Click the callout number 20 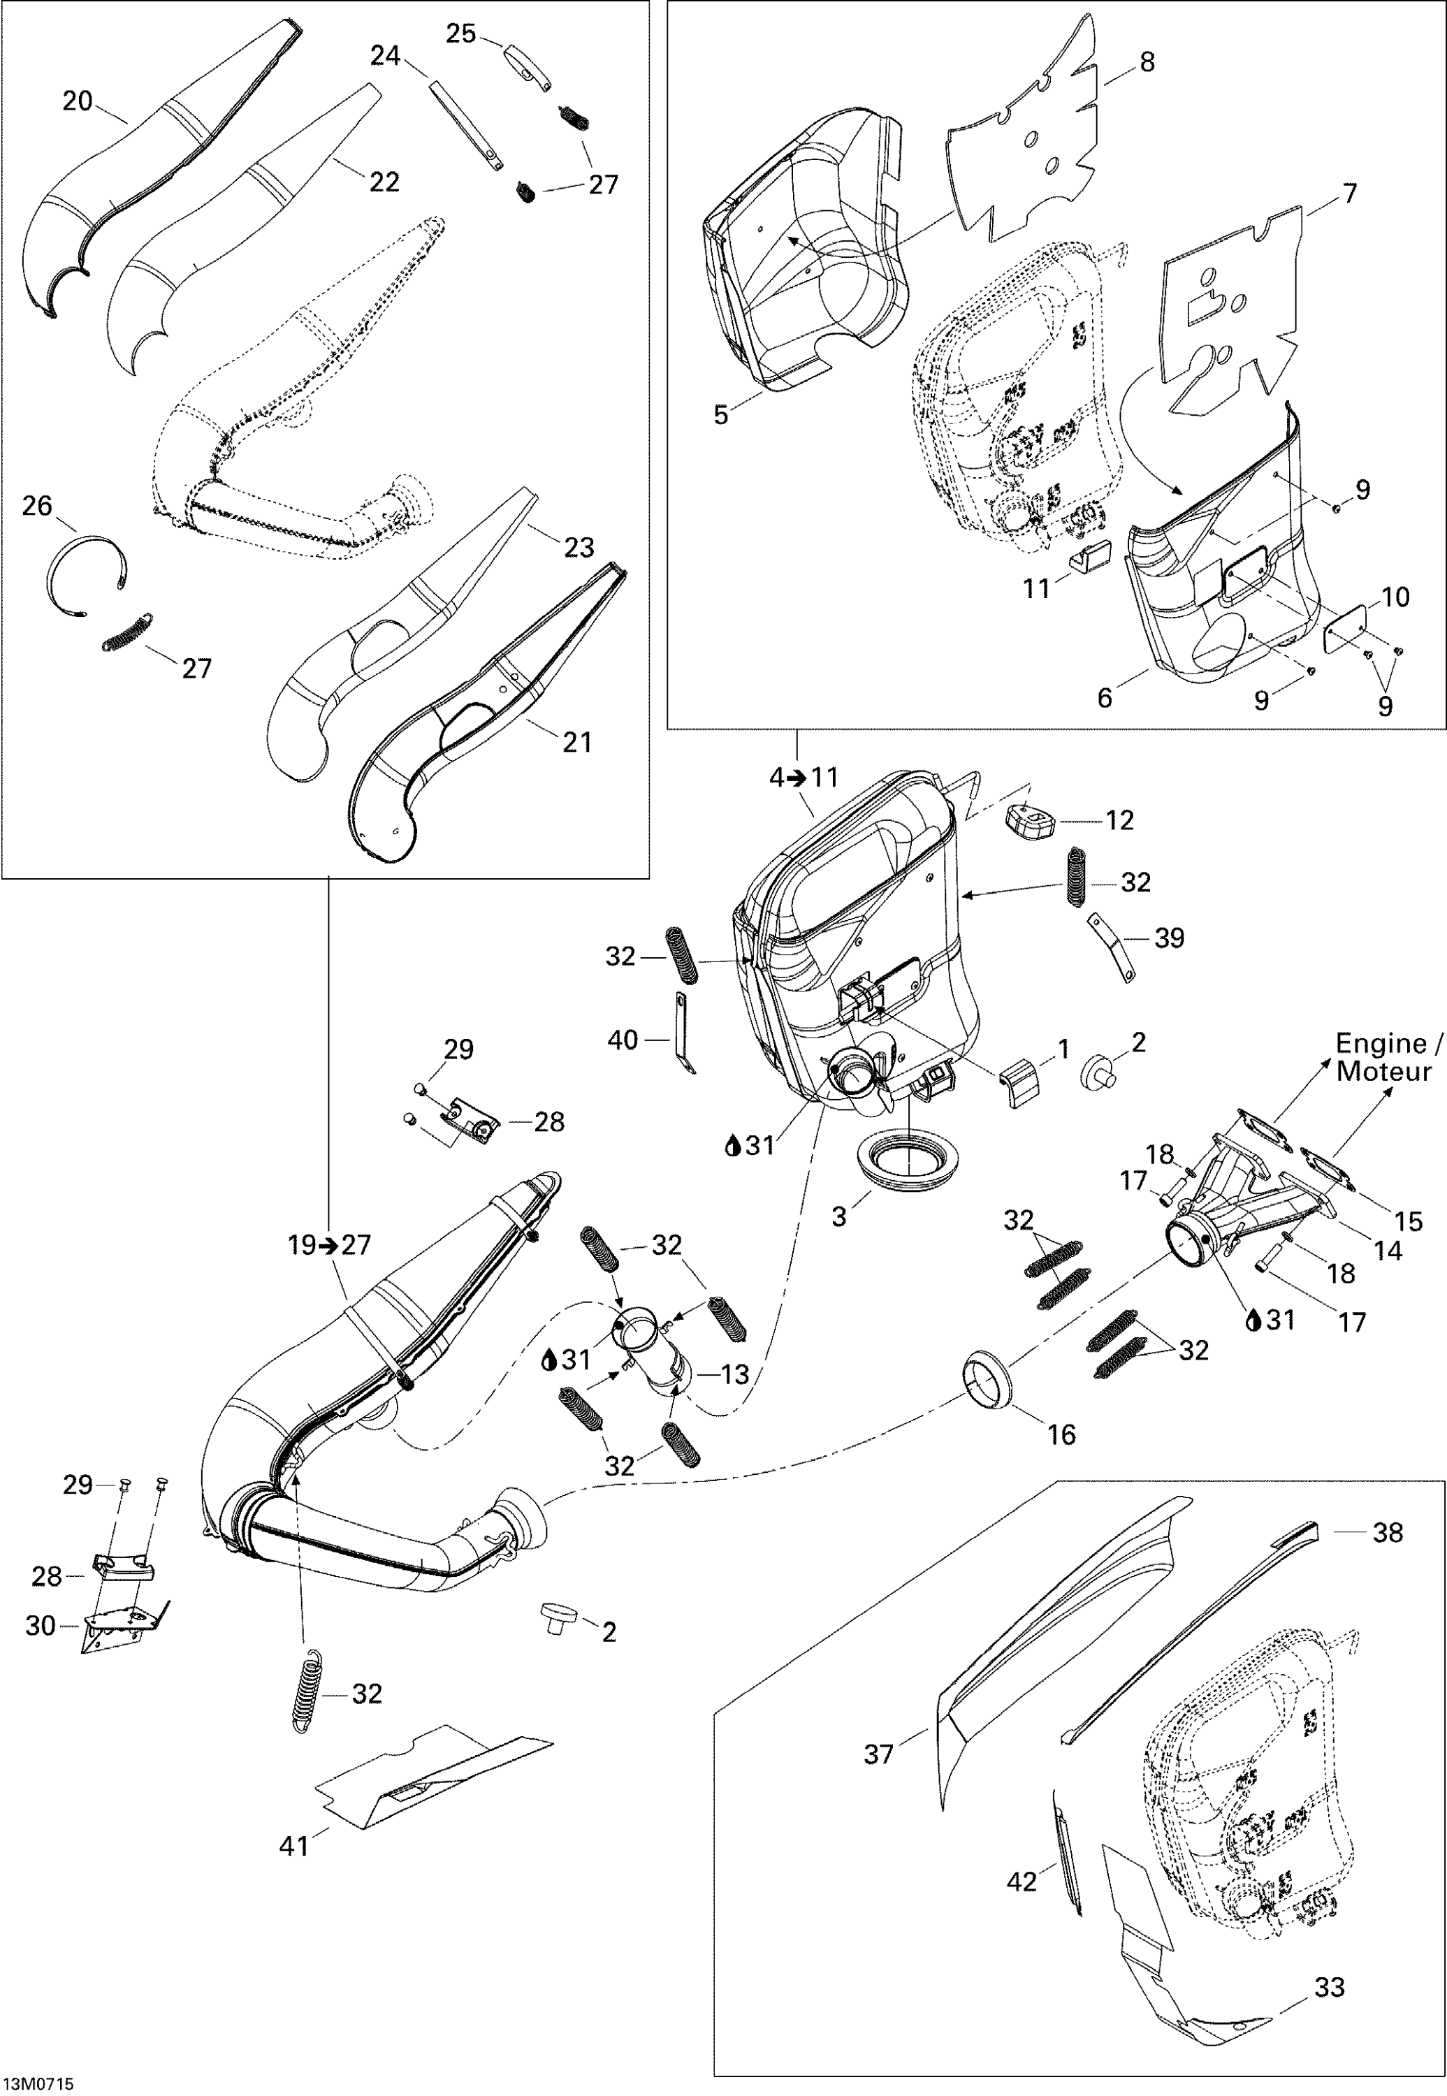pos(77,101)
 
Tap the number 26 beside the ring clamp pos(36,506)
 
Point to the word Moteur pos(1383,1072)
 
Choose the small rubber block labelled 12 pos(1029,820)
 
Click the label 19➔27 pos(329,1246)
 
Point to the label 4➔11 pos(804,778)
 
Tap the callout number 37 pos(878,1754)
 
